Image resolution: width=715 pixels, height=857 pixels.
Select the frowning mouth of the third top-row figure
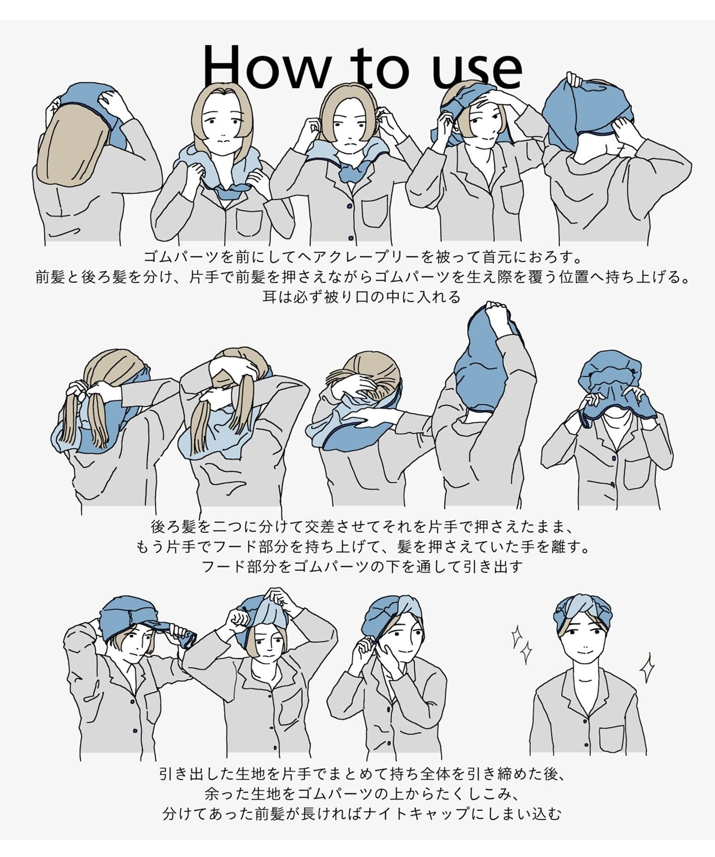pos(349,142)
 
